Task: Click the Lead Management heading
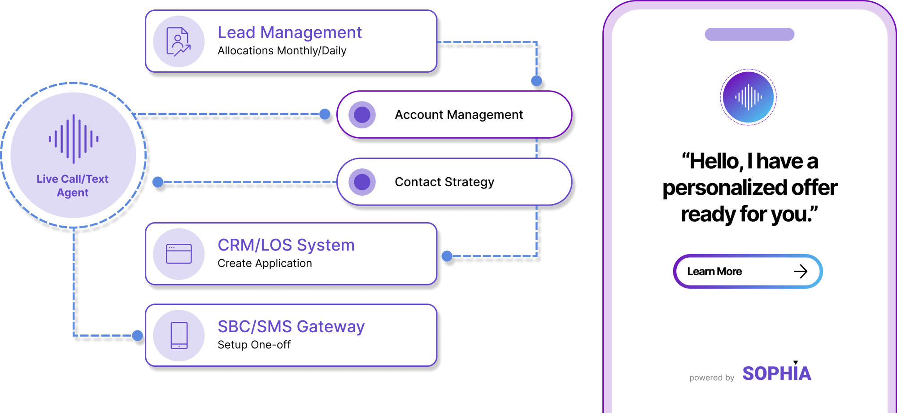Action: pyautogui.click(x=289, y=33)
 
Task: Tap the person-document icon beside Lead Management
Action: pyautogui.click(x=179, y=42)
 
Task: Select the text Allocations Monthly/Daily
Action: pyautogui.click(x=282, y=51)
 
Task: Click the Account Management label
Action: pyautogui.click(x=458, y=115)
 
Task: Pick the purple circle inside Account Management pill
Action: pyautogui.click(x=362, y=115)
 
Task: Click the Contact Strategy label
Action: pyautogui.click(x=444, y=182)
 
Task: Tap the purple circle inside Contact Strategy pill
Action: pyautogui.click(x=362, y=182)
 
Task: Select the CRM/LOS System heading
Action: pyautogui.click(x=286, y=245)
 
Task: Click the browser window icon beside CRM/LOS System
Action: pyautogui.click(x=179, y=254)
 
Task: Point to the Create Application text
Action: pyautogui.click(x=265, y=264)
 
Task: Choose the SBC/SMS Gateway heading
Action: pyautogui.click(x=291, y=327)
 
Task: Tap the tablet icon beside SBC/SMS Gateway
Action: pyautogui.click(x=179, y=335)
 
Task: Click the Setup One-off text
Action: pyautogui.click(x=254, y=345)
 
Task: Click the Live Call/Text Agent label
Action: pyautogui.click(x=73, y=186)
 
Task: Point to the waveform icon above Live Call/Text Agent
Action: pyautogui.click(x=74, y=139)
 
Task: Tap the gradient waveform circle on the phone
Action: pyautogui.click(x=748, y=97)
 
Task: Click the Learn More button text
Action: pyautogui.click(x=714, y=272)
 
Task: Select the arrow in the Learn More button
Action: pyautogui.click(x=801, y=271)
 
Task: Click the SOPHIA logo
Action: pyautogui.click(x=776, y=373)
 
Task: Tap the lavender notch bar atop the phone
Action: pyautogui.click(x=749, y=34)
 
